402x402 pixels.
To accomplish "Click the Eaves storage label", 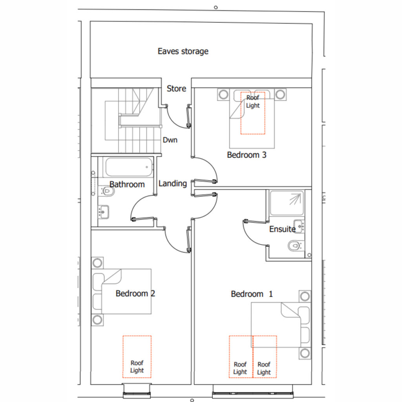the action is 183,51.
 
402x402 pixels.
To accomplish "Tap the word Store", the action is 176,88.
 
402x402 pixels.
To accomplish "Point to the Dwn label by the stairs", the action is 170,140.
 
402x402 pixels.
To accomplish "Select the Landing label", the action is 173,184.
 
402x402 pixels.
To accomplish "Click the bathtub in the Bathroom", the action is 129,167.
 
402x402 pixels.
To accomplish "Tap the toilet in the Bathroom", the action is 106,191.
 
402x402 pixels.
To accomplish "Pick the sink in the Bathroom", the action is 103,212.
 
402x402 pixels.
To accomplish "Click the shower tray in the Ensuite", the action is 287,203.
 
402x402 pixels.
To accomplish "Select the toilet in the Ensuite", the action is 296,246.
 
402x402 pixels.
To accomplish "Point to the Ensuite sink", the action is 299,226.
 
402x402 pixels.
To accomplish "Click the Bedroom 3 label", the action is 247,155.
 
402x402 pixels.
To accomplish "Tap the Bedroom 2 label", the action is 135,293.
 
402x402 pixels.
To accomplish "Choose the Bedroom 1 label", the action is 252,294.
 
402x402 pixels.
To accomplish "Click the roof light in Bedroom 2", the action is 137,356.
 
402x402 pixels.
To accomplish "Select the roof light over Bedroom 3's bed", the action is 253,113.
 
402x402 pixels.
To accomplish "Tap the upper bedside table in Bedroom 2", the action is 97,263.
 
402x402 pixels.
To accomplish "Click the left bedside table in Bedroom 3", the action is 223,94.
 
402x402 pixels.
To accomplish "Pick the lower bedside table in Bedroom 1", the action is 305,353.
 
